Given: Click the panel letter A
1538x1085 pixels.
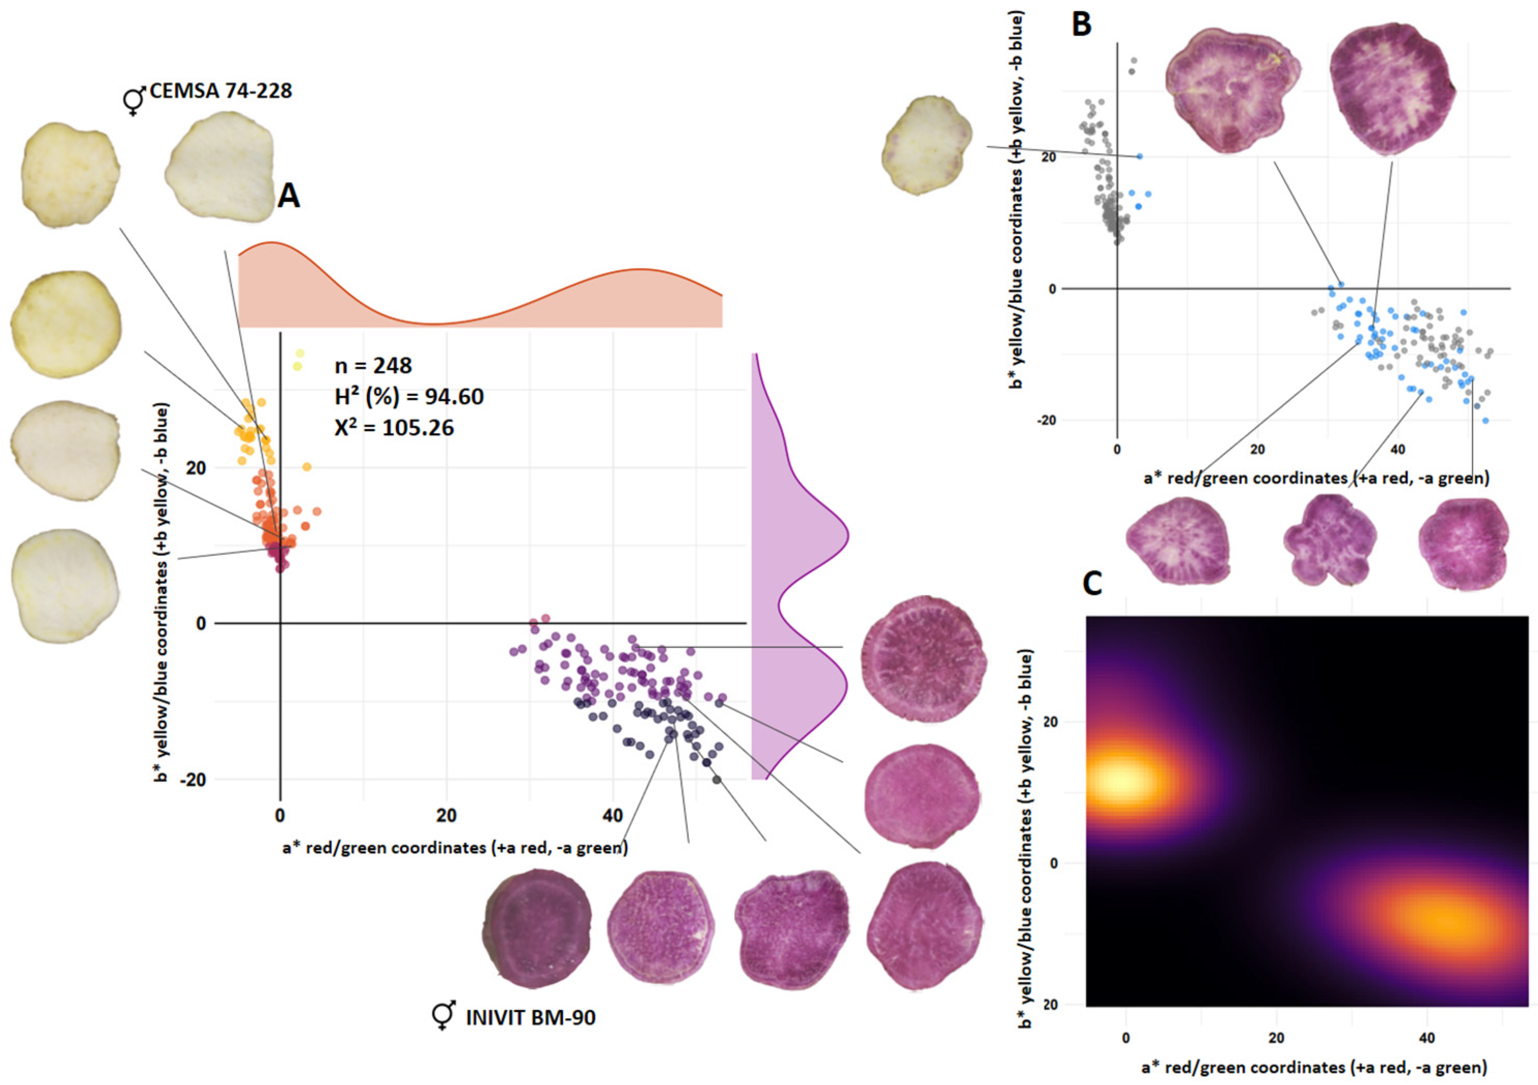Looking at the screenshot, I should coord(289,196).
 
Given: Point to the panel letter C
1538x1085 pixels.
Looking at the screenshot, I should coord(1092,584).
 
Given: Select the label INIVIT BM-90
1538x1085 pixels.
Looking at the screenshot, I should coord(531,1018).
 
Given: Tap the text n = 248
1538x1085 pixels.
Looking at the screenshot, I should coord(373,366).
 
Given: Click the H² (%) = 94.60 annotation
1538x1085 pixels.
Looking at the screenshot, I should coord(409,396).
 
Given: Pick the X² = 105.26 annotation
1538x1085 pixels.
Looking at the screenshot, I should coord(394,427).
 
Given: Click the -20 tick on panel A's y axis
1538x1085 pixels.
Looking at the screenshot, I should coord(192,780).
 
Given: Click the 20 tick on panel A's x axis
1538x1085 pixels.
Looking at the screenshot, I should coord(446,816).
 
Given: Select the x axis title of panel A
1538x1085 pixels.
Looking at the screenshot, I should coord(455,848).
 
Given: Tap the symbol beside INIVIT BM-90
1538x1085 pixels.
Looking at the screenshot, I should coord(444,1016).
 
